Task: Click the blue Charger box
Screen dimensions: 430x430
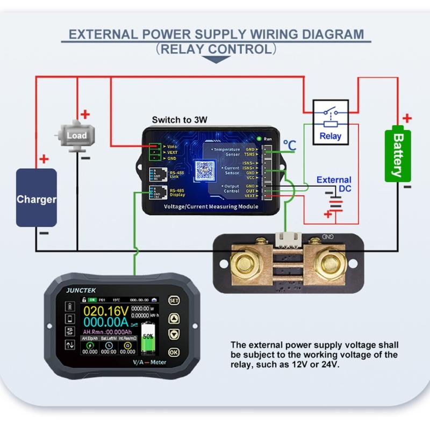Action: [x=36, y=197]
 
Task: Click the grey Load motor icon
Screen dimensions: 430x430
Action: [x=77, y=135]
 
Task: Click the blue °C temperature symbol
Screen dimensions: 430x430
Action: [x=290, y=145]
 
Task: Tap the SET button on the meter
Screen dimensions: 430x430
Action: [x=173, y=300]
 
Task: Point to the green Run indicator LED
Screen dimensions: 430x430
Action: [x=259, y=139]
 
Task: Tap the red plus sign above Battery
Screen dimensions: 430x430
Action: [x=407, y=118]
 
